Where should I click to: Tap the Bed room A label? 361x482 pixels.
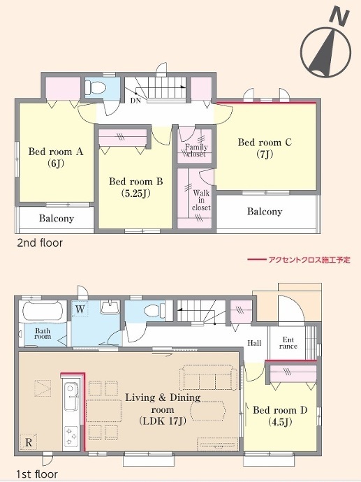pos(56,152)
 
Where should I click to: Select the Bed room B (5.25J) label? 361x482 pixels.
pos(135,187)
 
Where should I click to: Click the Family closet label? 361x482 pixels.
pos(196,150)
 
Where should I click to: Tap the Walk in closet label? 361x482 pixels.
pos(201,200)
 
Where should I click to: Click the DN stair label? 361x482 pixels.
pos(135,101)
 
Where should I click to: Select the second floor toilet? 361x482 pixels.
pos(95,87)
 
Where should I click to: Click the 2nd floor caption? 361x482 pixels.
pos(40,243)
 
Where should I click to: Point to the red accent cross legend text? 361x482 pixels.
pos(309,260)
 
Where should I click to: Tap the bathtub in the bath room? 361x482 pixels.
pos(43,311)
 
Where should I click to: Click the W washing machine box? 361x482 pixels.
pos(80,309)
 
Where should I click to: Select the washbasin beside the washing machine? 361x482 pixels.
pos(110,307)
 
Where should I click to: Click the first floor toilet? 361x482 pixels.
pos(154,311)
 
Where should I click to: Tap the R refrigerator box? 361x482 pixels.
pos(29,442)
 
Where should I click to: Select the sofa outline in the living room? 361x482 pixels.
pos(208,377)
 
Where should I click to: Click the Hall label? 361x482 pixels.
pos(254,343)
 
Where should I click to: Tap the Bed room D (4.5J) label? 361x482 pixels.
pos(280,416)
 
